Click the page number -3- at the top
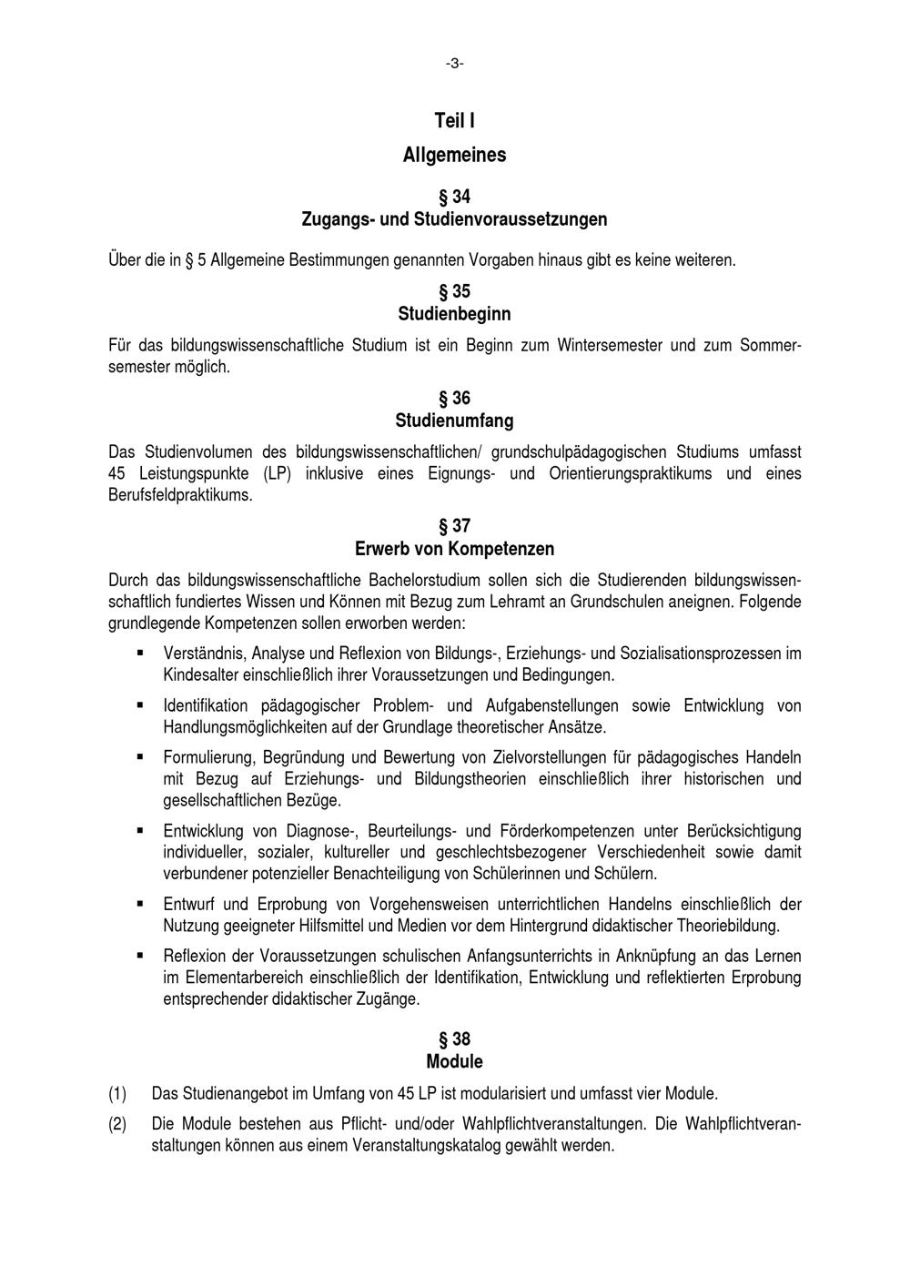pos(454,63)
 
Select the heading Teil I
pos(454,121)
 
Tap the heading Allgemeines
pos(454,155)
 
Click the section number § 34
pos(454,197)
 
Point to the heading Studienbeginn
pos(454,314)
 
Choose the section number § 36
pos(454,399)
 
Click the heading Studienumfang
pos(454,421)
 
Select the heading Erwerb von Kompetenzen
pos(454,549)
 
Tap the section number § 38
pos(454,1039)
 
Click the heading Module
pos(454,1062)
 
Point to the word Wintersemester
pos(610,346)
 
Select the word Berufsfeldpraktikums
pos(179,496)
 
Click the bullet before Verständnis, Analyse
pos(141,653)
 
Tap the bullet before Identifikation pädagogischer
pos(141,704)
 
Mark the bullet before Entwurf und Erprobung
pos(141,904)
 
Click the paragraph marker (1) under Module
pos(117,1094)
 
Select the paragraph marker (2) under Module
pos(117,1124)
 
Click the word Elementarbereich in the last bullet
pos(239,978)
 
